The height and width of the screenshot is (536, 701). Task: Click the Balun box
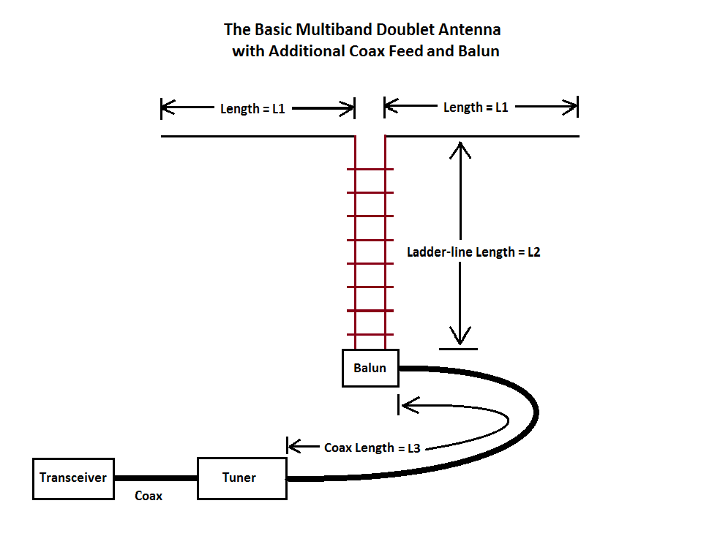click(x=370, y=368)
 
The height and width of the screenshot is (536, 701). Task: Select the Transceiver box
click(x=73, y=478)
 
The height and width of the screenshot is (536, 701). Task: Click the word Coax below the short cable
click(x=149, y=496)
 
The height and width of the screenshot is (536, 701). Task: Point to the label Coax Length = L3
click(x=372, y=448)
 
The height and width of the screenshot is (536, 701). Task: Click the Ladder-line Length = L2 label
click(x=473, y=252)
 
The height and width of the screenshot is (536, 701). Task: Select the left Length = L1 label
click(x=252, y=109)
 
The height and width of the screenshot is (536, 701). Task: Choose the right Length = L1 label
click(x=476, y=107)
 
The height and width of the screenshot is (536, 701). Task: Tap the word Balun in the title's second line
click(x=479, y=52)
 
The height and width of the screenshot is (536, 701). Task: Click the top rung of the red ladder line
click(x=370, y=170)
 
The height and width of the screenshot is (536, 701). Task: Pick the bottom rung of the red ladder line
click(x=370, y=334)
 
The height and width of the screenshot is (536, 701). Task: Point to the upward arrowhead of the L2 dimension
click(x=460, y=148)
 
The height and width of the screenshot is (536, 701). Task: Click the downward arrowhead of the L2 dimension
click(x=460, y=338)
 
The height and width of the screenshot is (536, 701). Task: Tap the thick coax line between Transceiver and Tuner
click(x=156, y=478)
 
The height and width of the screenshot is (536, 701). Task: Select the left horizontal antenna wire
click(x=256, y=137)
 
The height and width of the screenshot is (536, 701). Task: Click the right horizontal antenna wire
click(x=483, y=137)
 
